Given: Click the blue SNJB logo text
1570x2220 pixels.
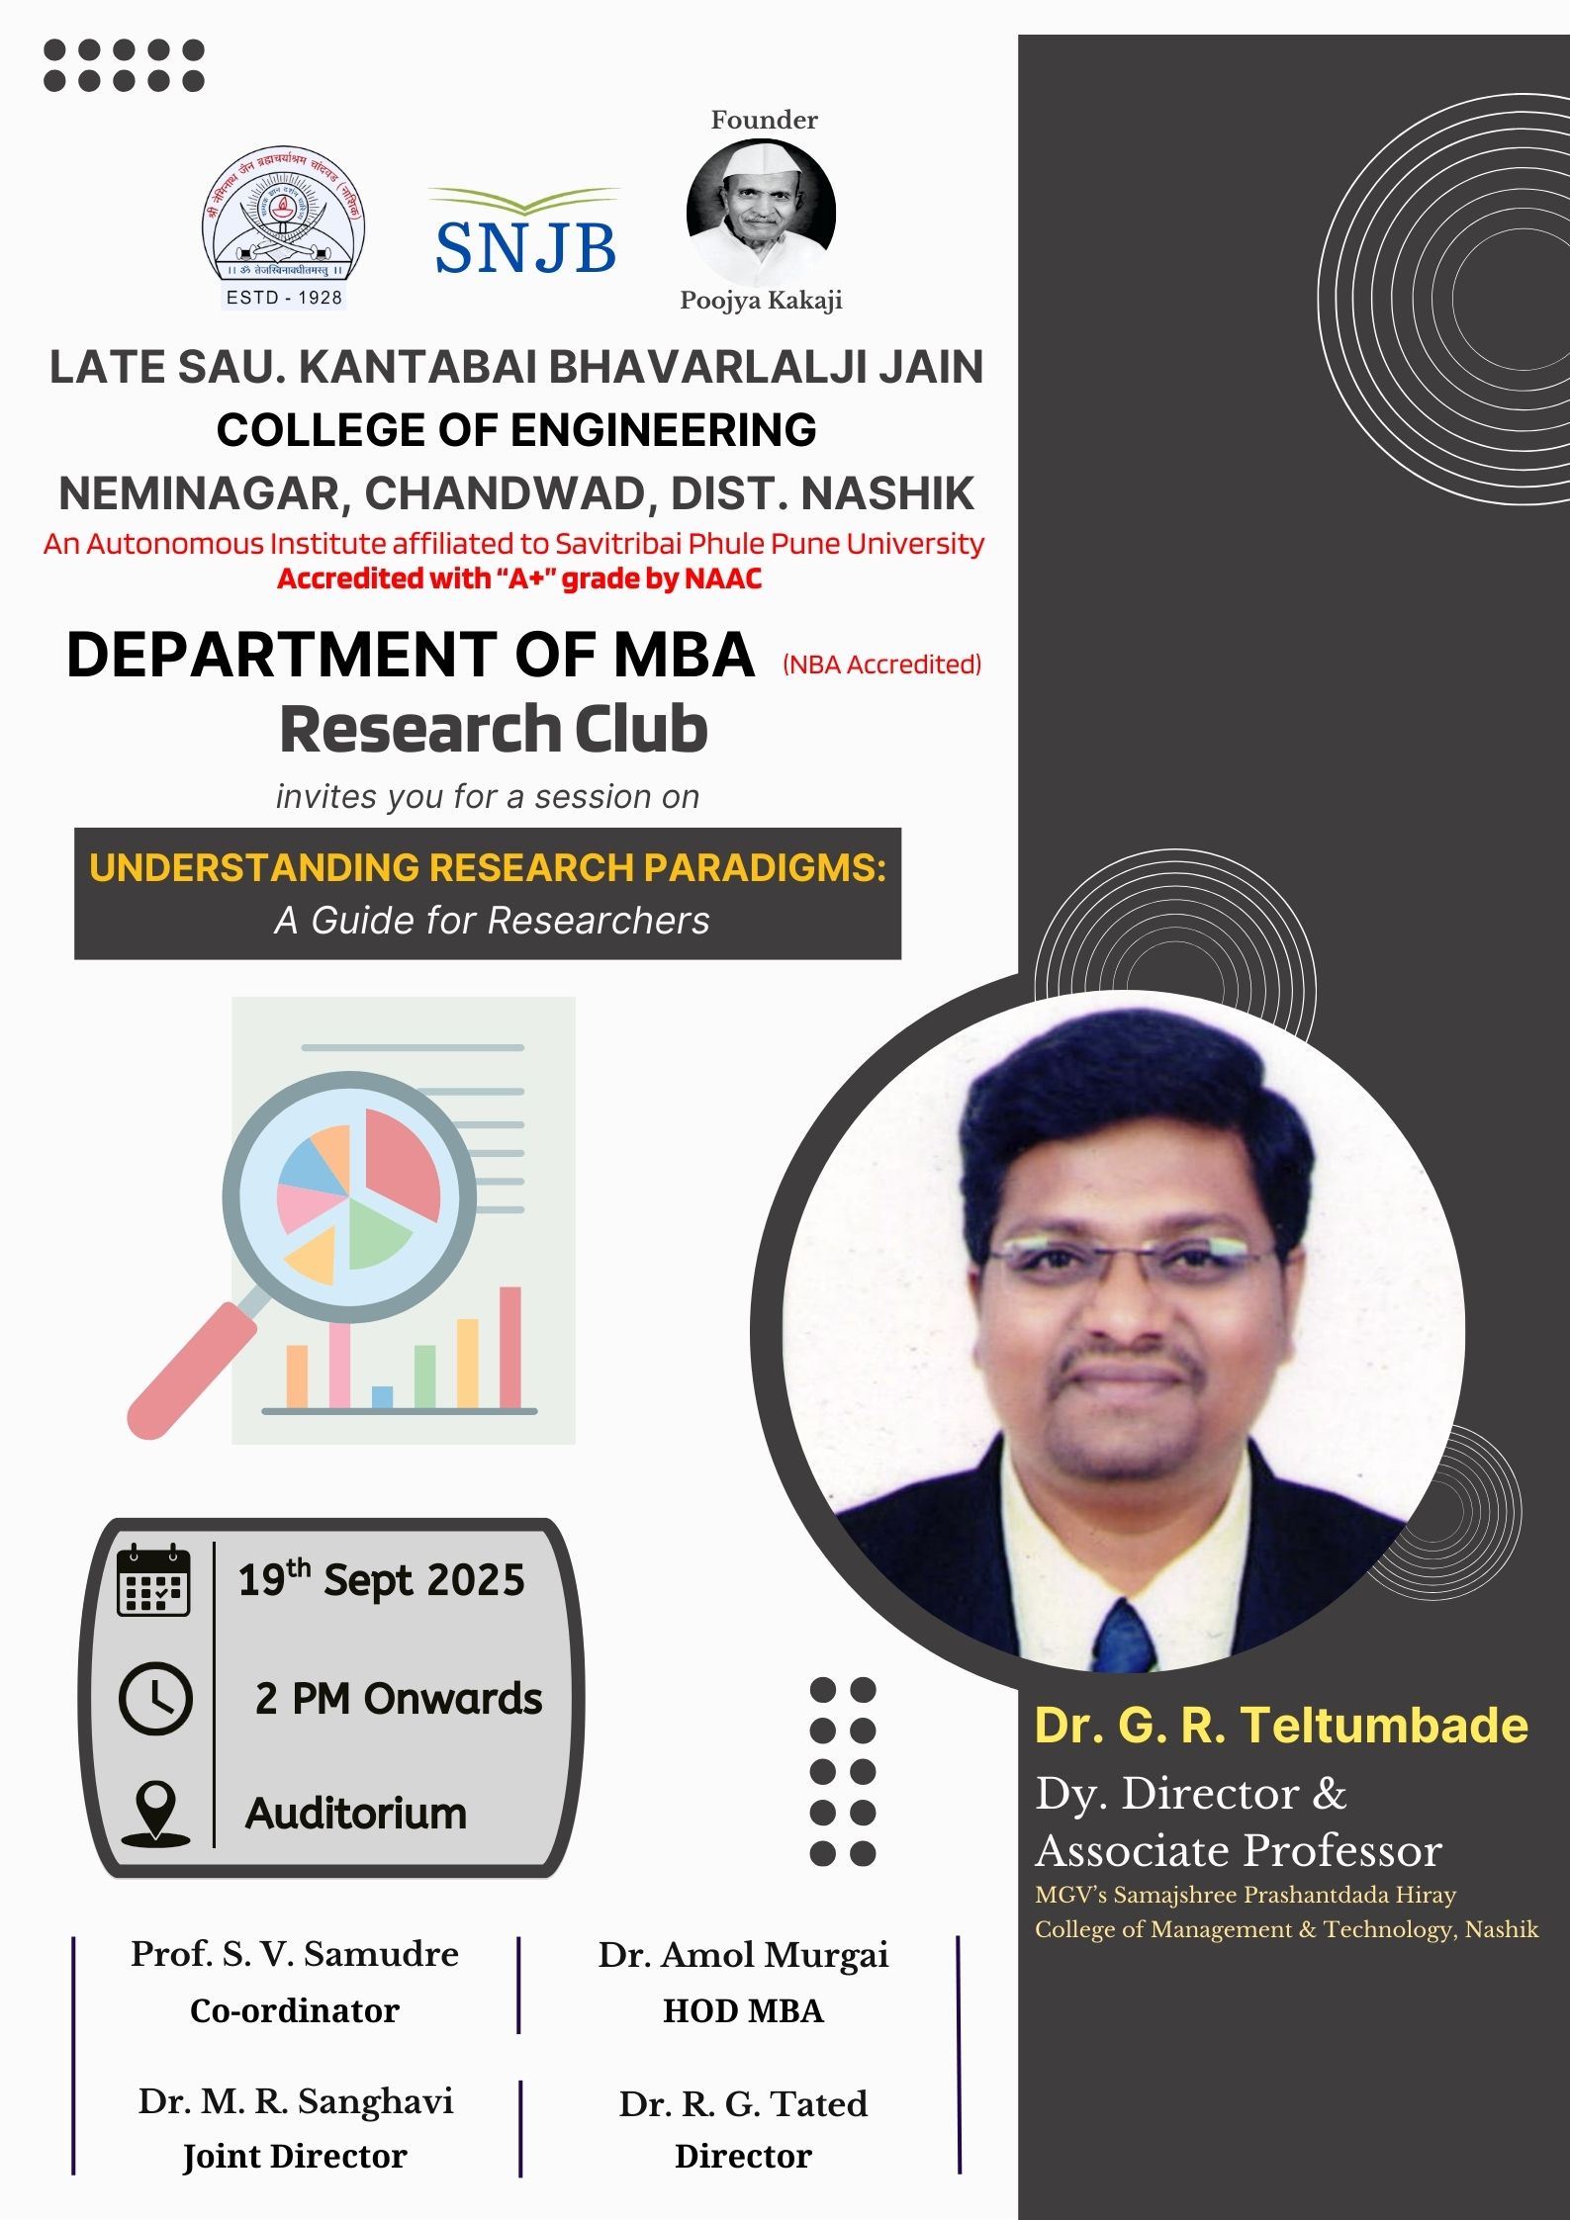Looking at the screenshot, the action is coord(525,247).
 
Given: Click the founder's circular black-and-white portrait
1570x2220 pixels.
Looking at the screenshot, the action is coord(761,212).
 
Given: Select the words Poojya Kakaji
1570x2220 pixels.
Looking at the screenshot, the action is coord(761,301).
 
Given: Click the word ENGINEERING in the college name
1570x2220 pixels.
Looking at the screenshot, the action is coord(664,430).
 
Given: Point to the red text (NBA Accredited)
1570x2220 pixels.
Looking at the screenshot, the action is coord(881,665).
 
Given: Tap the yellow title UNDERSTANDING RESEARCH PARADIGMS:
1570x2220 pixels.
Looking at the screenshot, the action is coord(488,867).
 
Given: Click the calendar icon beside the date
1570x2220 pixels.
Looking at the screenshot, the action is coord(153,1579).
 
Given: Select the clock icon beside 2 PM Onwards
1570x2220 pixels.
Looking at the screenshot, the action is coord(155,1699).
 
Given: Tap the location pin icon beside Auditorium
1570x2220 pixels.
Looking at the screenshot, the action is coord(155,1814).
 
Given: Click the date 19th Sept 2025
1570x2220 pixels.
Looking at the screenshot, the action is coord(382,1578).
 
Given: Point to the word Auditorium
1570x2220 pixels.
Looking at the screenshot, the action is coord(356,1814).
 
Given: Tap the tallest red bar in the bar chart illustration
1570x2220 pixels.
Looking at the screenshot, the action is coord(510,1347).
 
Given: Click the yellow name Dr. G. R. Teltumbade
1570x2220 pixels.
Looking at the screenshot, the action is coord(1281,1725).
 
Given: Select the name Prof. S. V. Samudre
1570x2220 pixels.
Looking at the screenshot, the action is coord(295,1954).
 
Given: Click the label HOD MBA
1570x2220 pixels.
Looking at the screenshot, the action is coord(743,2011).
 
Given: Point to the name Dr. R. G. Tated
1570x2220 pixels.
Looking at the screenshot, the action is coord(743,2103).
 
